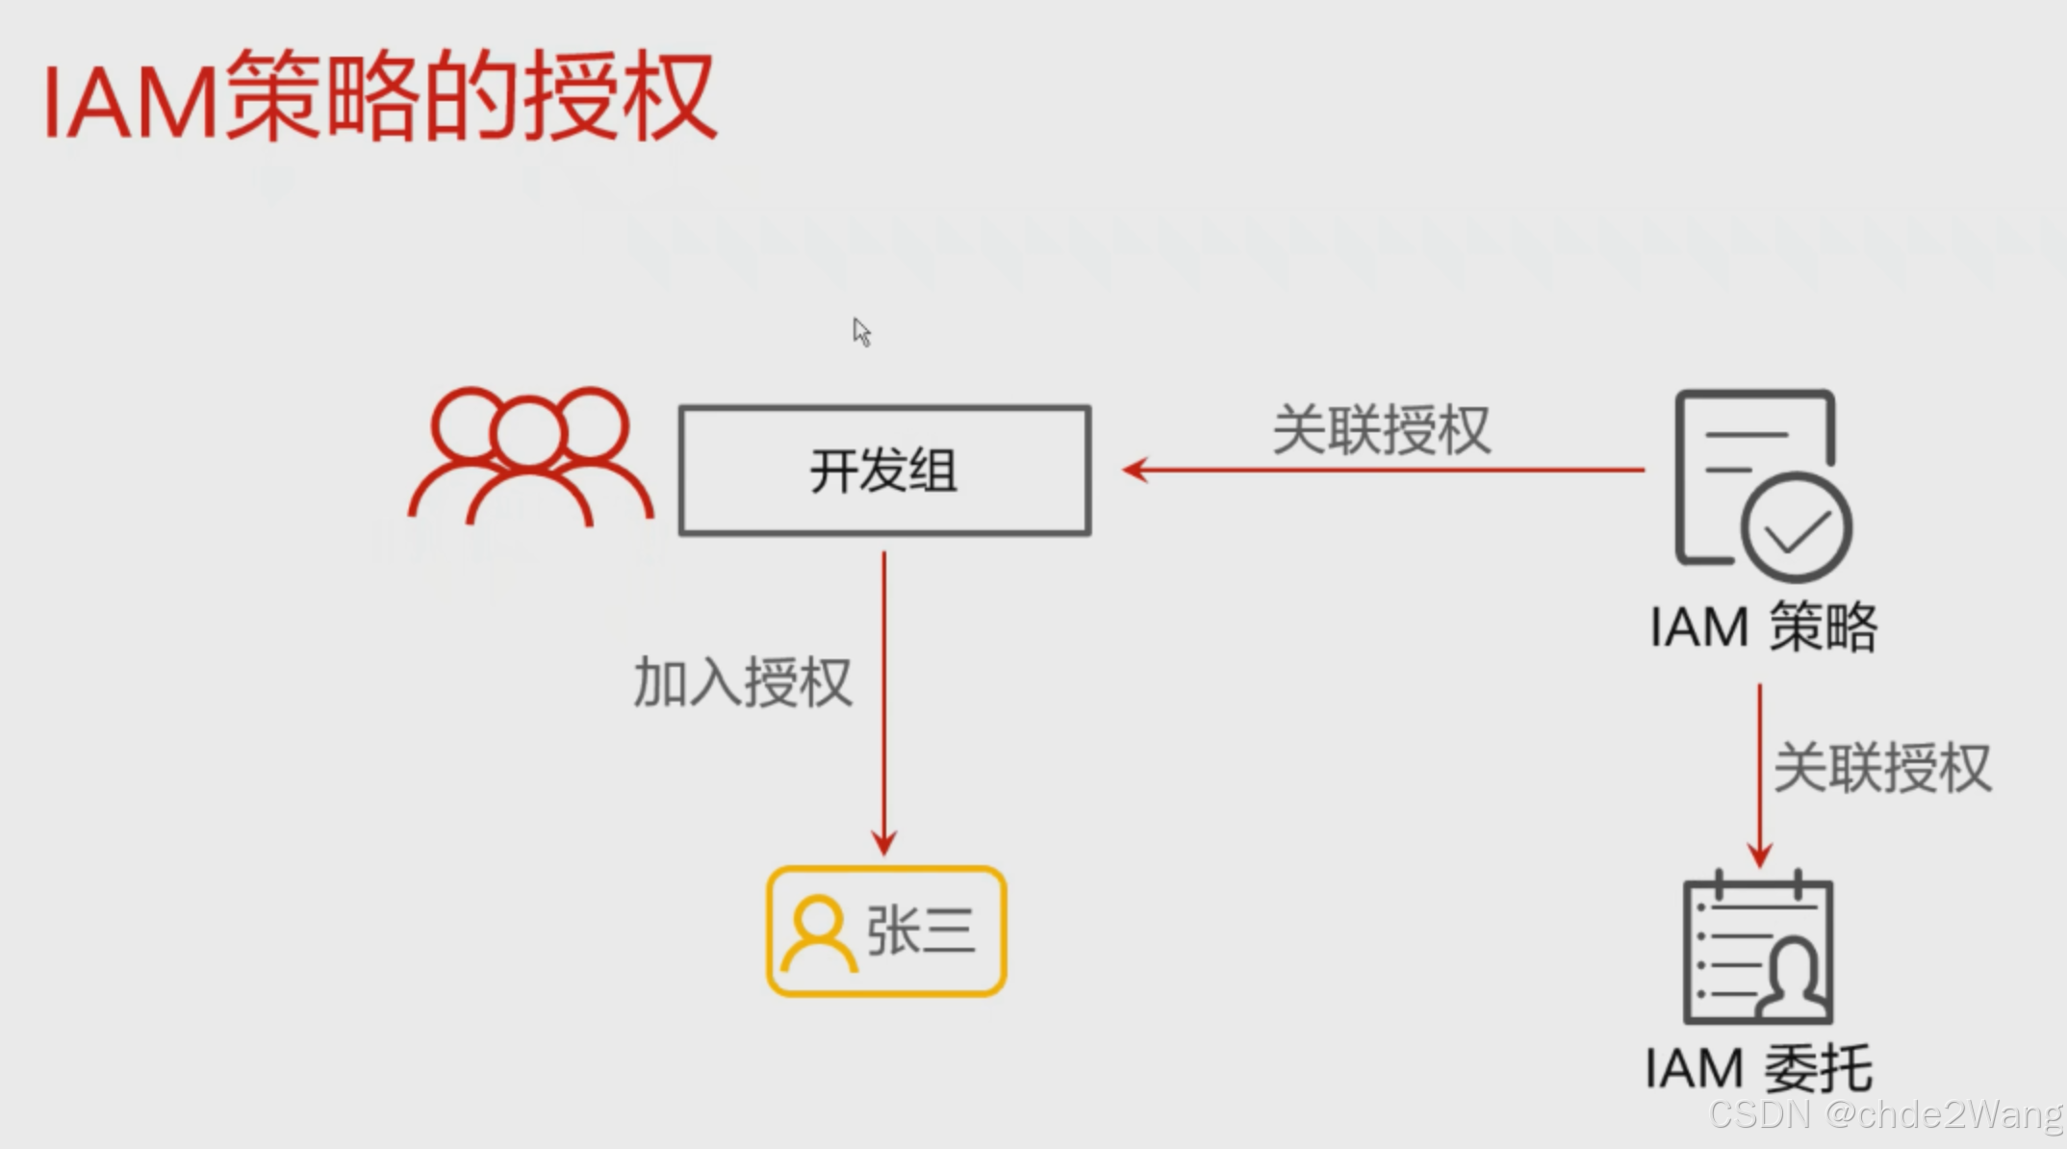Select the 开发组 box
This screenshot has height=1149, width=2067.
tap(884, 471)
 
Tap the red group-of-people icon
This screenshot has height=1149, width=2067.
tap(530, 458)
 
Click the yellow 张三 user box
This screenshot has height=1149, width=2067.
tap(886, 932)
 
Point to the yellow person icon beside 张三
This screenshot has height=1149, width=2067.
tap(819, 932)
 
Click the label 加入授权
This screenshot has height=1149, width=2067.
tap(742, 683)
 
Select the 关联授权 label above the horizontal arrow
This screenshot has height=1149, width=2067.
tap(1381, 430)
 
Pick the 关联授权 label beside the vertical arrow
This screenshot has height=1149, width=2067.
tap(1882, 768)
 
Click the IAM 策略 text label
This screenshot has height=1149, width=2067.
tap(1763, 627)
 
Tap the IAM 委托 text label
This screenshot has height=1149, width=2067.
tap(1759, 1068)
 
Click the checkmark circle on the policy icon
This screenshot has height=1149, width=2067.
tap(1796, 528)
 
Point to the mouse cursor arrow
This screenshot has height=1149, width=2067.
tap(861, 332)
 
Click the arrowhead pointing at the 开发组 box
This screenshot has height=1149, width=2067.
tap(1136, 470)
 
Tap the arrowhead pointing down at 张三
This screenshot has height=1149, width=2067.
tap(884, 843)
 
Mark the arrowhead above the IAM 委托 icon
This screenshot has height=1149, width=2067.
tap(1760, 855)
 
